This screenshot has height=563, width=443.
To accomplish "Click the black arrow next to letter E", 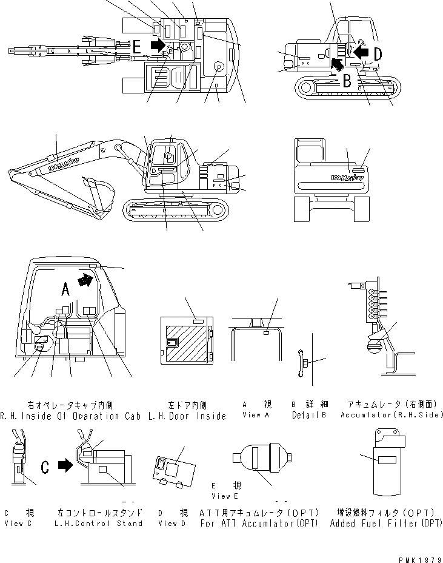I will (x=156, y=44).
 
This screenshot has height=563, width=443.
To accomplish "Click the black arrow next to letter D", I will (x=361, y=53).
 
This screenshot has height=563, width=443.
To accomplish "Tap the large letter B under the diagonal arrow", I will (x=347, y=79).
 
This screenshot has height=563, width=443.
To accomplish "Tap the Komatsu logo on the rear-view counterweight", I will (x=347, y=178).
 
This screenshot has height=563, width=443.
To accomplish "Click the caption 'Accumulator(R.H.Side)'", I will (x=392, y=415).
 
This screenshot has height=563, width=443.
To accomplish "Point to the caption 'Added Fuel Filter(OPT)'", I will (x=386, y=524).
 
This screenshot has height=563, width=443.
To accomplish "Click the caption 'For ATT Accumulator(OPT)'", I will (x=259, y=524).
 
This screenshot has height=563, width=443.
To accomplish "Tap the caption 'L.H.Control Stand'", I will (x=99, y=524).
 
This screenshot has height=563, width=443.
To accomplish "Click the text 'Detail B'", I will (x=309, y=415).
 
